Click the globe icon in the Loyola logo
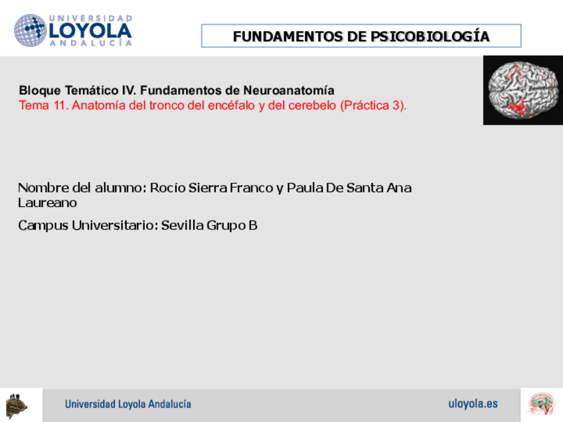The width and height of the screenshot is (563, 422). pos(30,31)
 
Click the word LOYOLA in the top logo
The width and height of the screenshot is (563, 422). pos(90,31)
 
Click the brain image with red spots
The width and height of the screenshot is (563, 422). pos(523,90)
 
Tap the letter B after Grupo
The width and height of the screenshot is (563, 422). pos(252,226)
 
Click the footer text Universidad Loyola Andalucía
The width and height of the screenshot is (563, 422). pos(127,404)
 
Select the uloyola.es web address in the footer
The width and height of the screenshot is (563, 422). pos(473,403)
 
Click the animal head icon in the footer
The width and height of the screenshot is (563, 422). pos(16,404)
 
